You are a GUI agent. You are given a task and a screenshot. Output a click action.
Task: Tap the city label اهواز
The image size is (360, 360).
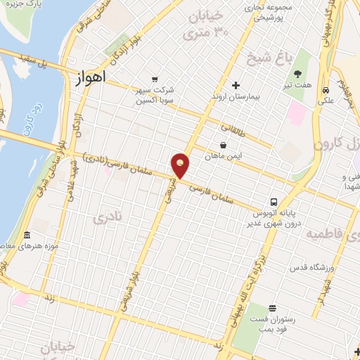tap(89, 78)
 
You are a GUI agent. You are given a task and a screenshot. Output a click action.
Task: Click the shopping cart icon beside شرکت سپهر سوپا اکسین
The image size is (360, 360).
tap(155, 79)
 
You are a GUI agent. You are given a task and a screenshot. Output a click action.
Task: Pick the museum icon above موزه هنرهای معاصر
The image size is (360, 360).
tap(27, 235)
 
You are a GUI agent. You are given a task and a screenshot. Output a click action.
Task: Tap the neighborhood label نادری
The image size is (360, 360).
tap(107, 218)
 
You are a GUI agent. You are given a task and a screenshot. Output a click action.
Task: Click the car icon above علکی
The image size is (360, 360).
tap(326, 90)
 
